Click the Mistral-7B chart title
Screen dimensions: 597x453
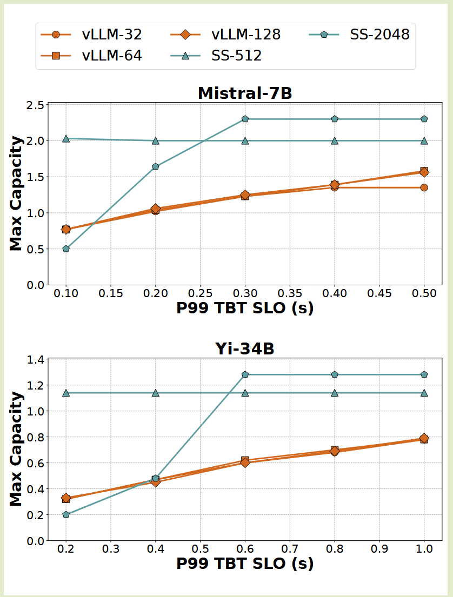pos(245,93)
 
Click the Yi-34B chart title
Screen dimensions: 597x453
pos(245,349)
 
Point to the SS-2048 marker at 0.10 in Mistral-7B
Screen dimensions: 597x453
pos(66,249)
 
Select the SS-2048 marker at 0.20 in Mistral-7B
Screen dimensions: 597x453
pos(156,166)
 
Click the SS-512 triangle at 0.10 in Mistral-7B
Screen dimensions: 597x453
pos(66,139)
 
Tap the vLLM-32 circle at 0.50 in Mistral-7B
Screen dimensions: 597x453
pos(424,187)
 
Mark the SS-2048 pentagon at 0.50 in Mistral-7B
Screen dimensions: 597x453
pos(424,119)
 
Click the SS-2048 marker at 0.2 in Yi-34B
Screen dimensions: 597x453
pos(66,515)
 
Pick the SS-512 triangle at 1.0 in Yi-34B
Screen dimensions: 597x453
pos(424,393)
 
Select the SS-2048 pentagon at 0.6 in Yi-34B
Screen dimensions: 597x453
pos(245,374)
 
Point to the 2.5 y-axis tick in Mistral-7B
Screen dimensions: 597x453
pos(34,105)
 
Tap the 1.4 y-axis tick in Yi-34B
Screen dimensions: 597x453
pos(34,359)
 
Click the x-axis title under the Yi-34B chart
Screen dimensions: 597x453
pos(245,564)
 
